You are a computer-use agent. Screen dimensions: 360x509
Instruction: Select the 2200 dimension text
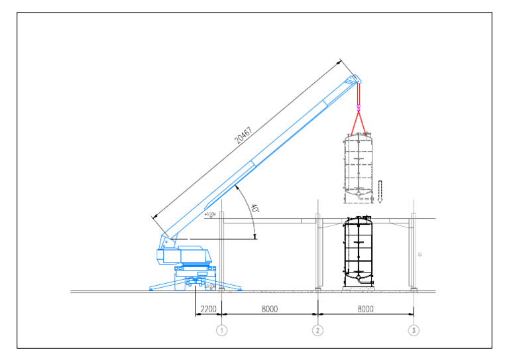pyautogui.click(x=208, y=309)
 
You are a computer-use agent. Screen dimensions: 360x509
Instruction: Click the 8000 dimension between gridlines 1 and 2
pyautogui.click(x=270, y=309)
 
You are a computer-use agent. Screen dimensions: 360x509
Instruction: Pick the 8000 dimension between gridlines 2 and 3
pyautogui.click(x=366, y=309)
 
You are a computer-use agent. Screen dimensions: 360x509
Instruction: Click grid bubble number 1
pyautogui.click(x=223, y=330)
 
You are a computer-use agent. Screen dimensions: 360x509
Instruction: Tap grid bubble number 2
pyautogui.click(x=318, y=330)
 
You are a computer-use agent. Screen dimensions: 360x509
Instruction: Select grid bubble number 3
pyautogui.click(x=414, y=330)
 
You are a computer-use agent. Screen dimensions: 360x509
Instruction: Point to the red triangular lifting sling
pyautogui.click(x=359, y=124)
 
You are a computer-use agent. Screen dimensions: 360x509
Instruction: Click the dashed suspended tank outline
pyautogui.click(x=358, y=167)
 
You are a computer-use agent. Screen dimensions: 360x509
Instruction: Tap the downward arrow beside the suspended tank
pyautogui.click(x=381, y=190)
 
